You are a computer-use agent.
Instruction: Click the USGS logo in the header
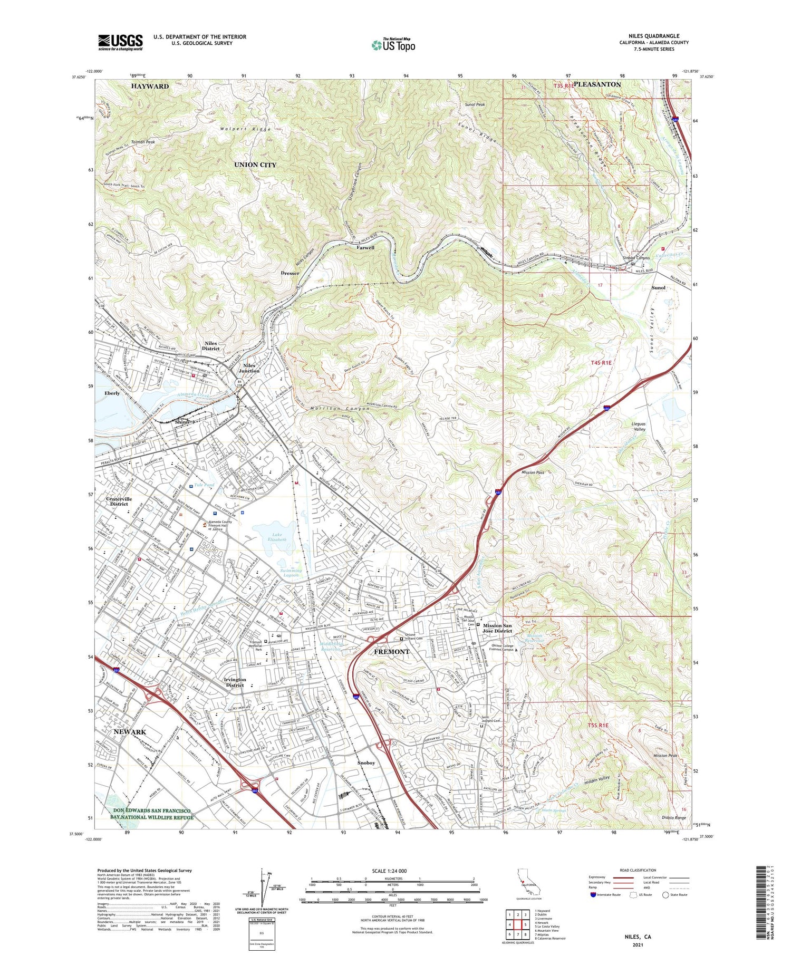(x=120, y=42)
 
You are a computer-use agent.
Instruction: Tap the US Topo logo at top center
(x=393, y=45)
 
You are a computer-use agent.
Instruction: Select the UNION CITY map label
(x=255, y=165)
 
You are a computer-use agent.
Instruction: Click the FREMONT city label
(x=391, y=652)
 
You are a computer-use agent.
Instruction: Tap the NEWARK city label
(x=130, y=732)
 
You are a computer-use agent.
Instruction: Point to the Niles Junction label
(x=252, y=368)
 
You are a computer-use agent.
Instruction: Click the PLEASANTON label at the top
(x=596, y=84)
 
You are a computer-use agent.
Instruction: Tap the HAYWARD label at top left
(x=150, y=86)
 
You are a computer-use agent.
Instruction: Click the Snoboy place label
(x=366, y=763)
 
